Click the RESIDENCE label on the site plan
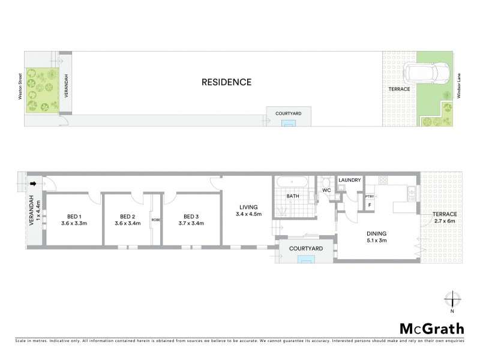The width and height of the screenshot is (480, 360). coord(226,82)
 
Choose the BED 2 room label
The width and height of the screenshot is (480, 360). coord(126,217)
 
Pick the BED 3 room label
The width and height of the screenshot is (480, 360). coord(190,217)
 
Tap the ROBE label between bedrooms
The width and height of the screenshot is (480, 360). coord(155,220)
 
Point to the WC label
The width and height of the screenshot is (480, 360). coord(327,190)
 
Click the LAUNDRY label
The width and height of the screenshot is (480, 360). coord(349,180)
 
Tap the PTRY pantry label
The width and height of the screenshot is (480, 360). coord(370,196)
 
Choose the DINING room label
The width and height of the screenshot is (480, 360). coord(377,234)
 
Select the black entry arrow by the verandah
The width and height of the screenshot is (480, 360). coord(34,184)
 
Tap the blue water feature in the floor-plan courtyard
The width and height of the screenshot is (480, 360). coord(307,259)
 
